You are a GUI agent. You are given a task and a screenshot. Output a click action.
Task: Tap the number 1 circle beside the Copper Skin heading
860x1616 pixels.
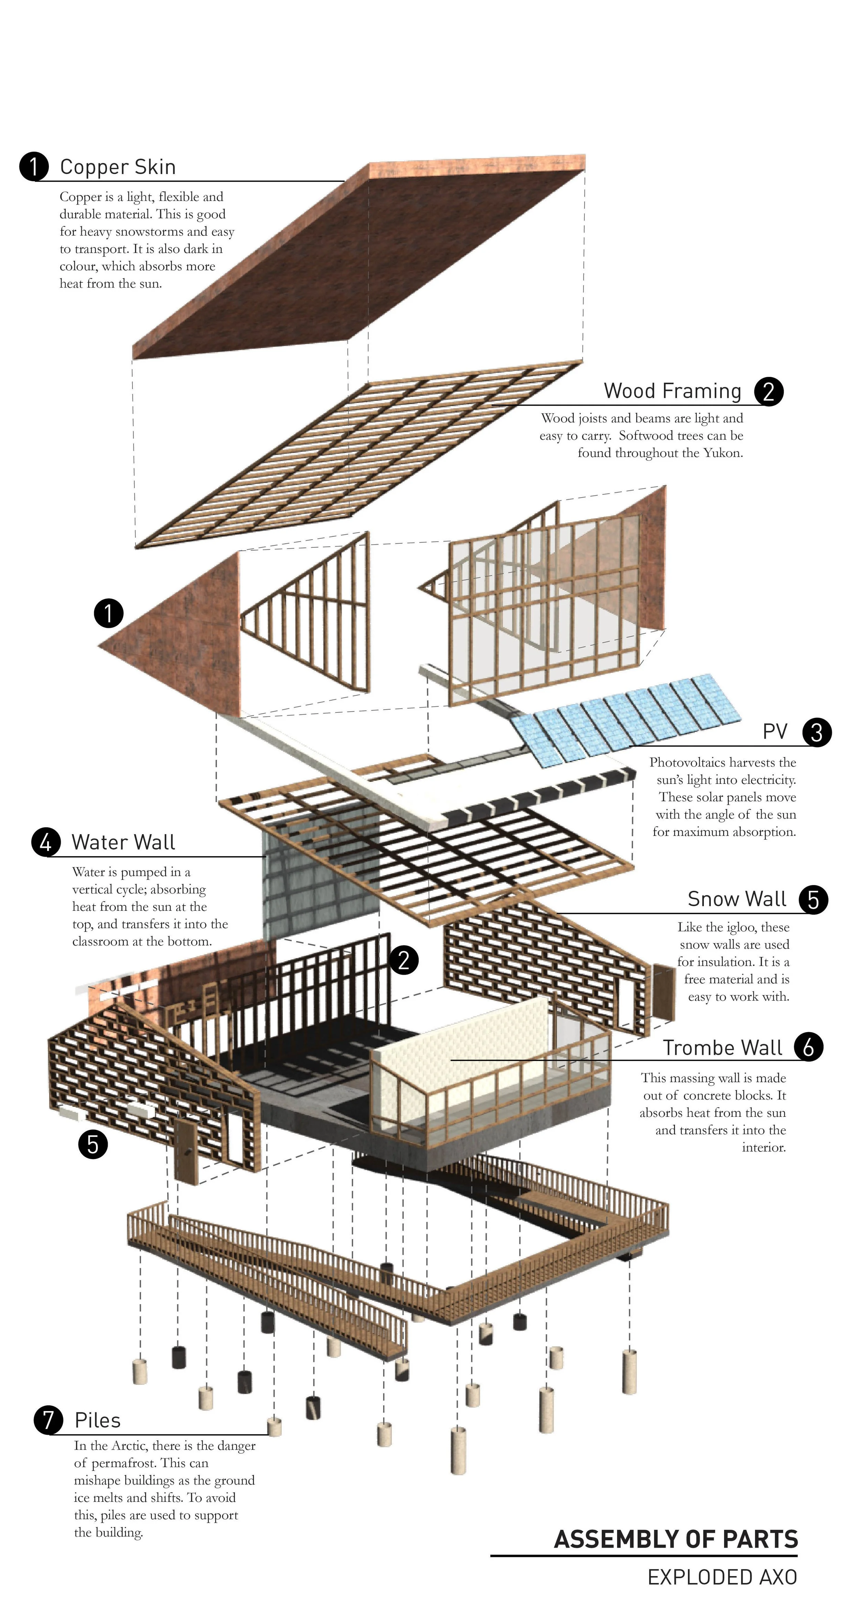34,166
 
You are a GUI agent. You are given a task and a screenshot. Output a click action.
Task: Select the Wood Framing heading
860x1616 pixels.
672,391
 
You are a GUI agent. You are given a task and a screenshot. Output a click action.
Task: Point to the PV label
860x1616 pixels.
775,731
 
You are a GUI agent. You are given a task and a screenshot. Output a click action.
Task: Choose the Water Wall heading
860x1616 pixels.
123,842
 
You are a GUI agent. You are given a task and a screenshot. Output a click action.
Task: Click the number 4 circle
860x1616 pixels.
46,842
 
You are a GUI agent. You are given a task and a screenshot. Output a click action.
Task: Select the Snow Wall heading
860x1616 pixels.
737,899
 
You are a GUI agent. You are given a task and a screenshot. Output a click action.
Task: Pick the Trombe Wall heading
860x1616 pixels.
722,1048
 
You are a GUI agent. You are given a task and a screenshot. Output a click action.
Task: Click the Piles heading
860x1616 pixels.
97,1420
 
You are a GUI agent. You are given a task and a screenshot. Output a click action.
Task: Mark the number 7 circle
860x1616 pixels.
49,1420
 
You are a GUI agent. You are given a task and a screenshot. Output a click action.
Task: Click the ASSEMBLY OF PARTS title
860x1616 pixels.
676,1539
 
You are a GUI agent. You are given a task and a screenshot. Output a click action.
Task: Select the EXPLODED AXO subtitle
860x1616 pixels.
722,1577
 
